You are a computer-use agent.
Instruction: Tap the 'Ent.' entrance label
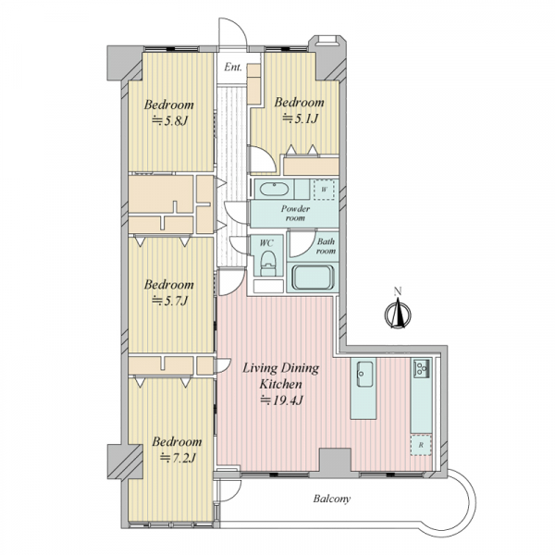[233, 67]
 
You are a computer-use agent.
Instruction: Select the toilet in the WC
[268, 264]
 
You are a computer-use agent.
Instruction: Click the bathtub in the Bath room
[313, 277]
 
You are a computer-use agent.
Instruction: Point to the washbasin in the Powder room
[274, 189]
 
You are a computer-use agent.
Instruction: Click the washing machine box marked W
[324, 190]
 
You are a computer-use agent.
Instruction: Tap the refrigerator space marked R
[421, 445]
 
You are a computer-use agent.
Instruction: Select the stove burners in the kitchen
[421, 368]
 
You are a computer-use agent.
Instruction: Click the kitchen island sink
[364, 374]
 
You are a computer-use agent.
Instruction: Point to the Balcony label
[332, 499]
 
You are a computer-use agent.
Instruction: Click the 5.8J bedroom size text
[169, 121]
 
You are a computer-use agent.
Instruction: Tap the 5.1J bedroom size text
[300, 118]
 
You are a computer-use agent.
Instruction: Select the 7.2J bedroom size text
[178, 458]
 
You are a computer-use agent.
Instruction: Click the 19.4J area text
[282, 401]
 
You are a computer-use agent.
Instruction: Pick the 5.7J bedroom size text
[169, 301]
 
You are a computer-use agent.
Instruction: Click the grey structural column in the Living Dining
[335, 461]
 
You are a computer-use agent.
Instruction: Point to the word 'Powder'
[295, 208]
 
